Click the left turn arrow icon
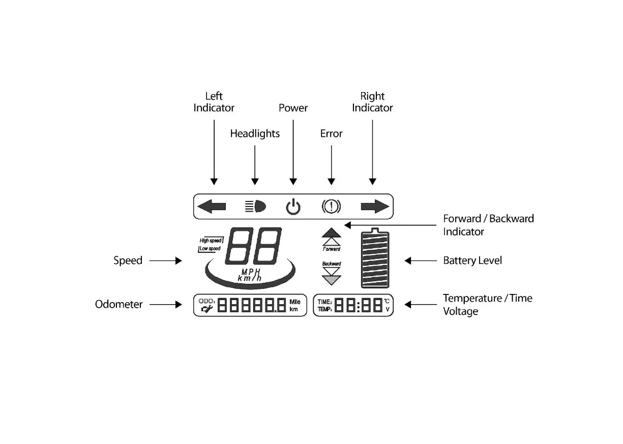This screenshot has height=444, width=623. pyautogui.click(x=212, y=206)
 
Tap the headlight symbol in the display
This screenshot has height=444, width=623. pyautogui.click(x=255, y=206)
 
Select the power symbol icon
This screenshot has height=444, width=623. pyautogui.click(x=293, y=207)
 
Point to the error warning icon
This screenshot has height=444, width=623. pyautogui.click(x=331, y=206)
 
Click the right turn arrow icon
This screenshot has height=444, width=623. pyautogui.click(x=375, y=206)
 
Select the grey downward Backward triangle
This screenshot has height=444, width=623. pyautogui.click(x=332, y=280)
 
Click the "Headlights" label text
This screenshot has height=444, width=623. pyautogui.click(x=255, y=134)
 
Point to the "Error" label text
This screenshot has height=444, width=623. pyautogui.click(x=331, y=134)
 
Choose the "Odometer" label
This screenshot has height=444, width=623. pyautogui.click(x=119, y=305)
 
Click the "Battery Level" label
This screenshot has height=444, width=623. pyautogui.click(x=472, y=261)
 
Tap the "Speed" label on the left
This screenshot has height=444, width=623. pyautogui.click(x=128, y=261)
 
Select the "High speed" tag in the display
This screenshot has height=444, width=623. pyautogui.click(x=211, y=241)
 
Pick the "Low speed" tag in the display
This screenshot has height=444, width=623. pyautogui.click(x=210, y=249)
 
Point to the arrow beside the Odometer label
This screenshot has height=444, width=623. pyautogui.click(x=165, y=305)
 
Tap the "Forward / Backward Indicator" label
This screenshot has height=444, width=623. pyautogui.click(x=488, y=225)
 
